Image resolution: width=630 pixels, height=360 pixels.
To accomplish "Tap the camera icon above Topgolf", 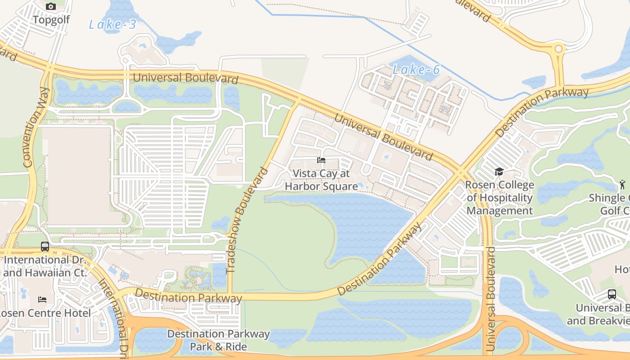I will tap(51, 6).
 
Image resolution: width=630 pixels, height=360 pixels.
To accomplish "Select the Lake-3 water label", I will tap(112, 25).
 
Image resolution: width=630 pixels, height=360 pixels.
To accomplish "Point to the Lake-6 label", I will tap(416, 70).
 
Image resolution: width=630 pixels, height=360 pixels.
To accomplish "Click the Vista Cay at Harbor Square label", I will tap(321, 180).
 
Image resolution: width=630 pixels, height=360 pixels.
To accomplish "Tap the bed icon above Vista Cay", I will tap(321, 160).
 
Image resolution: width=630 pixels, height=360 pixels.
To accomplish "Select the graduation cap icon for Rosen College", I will tap(499, 171).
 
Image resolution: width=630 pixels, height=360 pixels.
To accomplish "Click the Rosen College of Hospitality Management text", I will tap(499, 198).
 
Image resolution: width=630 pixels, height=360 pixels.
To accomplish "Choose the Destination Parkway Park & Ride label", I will tap(218, 340).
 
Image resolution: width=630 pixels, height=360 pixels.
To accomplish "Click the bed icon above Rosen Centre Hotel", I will tap(42, 299).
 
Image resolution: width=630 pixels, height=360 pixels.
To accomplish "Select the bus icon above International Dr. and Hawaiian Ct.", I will tap(45, 247).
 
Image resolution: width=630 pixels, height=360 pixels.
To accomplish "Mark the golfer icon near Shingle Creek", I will tap(622, 184).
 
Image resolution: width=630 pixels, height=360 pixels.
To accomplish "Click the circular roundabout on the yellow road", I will tap(558, 49).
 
